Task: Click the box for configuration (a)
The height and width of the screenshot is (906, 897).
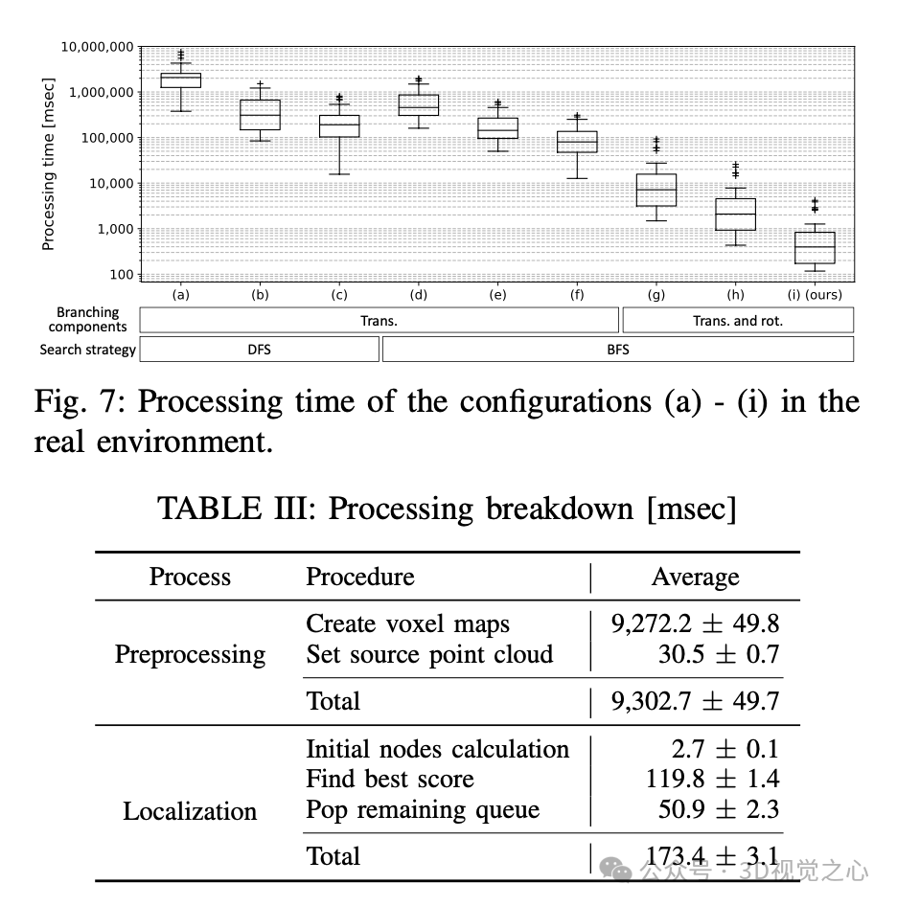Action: pyautogui.click(x=181, y=79)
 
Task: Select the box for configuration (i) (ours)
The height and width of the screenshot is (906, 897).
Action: pyautogui.click(x=815, y=247)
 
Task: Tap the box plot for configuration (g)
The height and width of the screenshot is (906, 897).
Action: pyautogui.click(x=656, y=190)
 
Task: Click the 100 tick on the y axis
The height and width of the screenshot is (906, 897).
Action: pyautogui.click(x=121, y=275)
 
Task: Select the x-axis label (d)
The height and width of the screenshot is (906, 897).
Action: pyautogui.click(x=418, y=295)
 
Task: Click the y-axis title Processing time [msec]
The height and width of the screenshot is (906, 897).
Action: pyautogui.click(x=48, y=165)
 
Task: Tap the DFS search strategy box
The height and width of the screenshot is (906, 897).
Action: pyautogui.click(x=259, y=350)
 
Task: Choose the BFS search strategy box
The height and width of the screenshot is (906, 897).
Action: pyautogui.click(x=617, y=350)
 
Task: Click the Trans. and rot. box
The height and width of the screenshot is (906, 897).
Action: pyautogui.click(x=737, y=321)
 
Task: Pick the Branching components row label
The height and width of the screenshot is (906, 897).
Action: pyautogui.click(x=88, y=319)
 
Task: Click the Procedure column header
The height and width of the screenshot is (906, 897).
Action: pyautogui.click(x=359, y=577)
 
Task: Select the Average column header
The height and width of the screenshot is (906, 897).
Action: pyautogui.click(x=695, y=577)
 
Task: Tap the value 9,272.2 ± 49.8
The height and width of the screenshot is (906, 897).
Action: pyautogui.click(x=695, y=623)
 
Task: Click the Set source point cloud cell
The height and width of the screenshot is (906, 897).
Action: pyautogui.click(x=429, y=654)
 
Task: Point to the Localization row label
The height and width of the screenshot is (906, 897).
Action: pyautogui.click(x=190, y=811)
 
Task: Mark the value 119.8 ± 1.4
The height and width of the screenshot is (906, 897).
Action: pyautogui.click(x=712, y=779)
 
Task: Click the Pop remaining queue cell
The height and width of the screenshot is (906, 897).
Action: pyautogui.click(x=423, y=809)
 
